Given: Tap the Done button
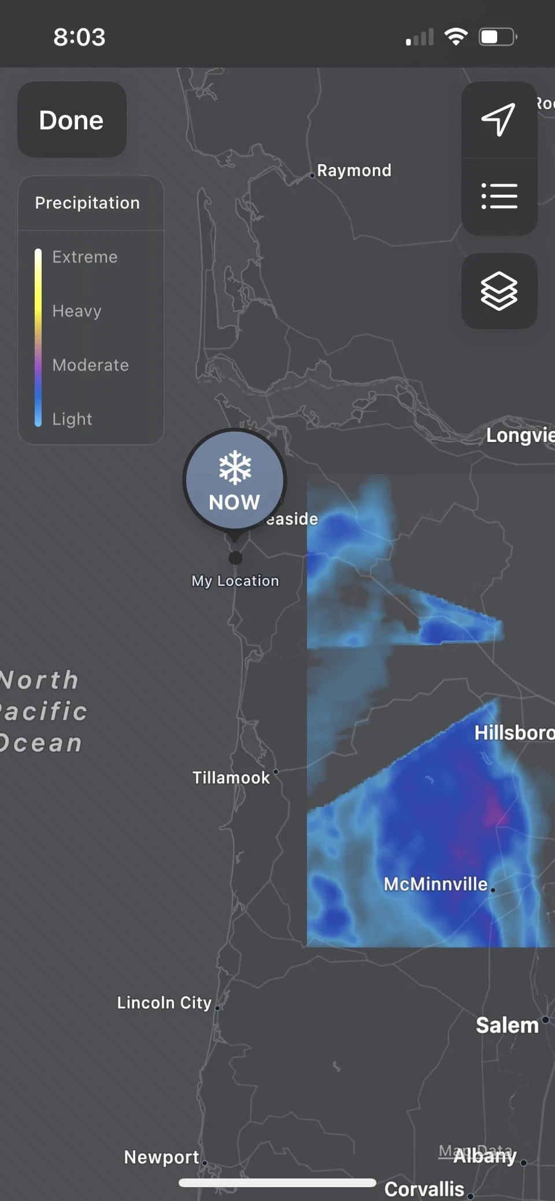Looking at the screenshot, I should click(x=72, y=120).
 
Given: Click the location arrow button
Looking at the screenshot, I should click(x=499, y=120).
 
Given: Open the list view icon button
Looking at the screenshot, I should click(x=499, y=196).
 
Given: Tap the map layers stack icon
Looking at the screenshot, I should click(x=499, y=291).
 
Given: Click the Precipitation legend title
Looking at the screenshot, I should click(x=87, y=203).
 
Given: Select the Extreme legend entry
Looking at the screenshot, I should click(x=85, y=257).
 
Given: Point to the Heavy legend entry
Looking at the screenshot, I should click(x=77, y=311).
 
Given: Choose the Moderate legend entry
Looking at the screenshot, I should click(x=91, y=365).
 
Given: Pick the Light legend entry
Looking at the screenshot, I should click(x=72, y=419).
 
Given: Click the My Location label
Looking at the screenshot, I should click(x=235, y=581).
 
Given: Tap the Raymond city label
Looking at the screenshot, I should click(x=354, y=170).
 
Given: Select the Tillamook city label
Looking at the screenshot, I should click(x=231, y=778).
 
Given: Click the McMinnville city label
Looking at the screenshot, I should click(x=436, y=884).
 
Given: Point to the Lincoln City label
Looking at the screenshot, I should click(x=164, y=1002).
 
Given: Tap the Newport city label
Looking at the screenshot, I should click(x=162, y=1157).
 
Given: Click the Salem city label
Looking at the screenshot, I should click(x=507, y=1025).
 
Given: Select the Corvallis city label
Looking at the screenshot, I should click(x=424, y=1189).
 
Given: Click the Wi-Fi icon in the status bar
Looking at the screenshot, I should click(x=456, y=37).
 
